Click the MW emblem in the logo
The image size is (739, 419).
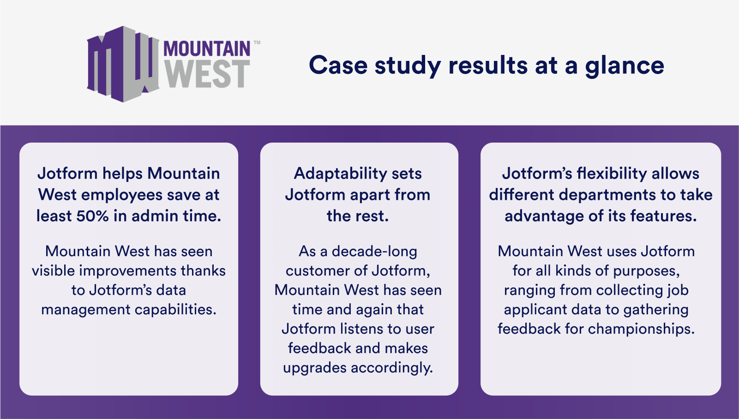point(123,64)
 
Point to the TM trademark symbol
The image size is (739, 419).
point(257,42)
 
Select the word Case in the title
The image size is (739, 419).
point(338,65)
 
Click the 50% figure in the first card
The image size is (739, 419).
point(92,216)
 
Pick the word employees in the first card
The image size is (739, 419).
point(122,196)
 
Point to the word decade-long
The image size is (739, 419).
point(374,252)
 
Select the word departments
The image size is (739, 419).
point(607,196)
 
